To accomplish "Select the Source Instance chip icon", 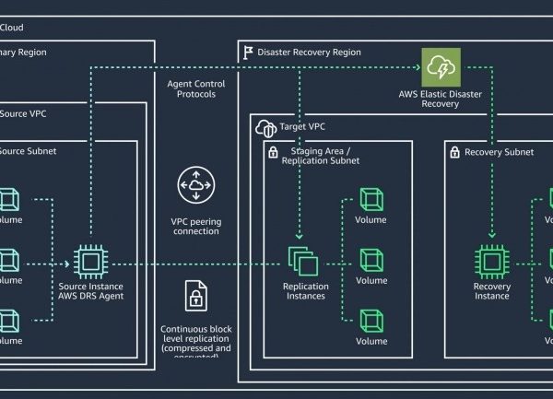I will tap(90, 262).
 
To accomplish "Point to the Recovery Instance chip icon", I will tap(491, 262).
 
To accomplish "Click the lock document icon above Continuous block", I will tap(195, 298).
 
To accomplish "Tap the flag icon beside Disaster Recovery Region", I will tap(247, 53).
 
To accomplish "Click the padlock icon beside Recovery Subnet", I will tap(453, 151).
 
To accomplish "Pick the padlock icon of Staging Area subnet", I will tap(272, 151).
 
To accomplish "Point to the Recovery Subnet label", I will tap(499, 152).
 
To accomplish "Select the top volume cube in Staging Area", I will tap(371, 200).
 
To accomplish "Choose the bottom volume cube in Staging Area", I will tap(371, 321).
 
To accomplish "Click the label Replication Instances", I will tap(305, 291).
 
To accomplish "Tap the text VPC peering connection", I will tap(195, 226).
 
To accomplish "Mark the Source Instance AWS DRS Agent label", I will tap(90, 291).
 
